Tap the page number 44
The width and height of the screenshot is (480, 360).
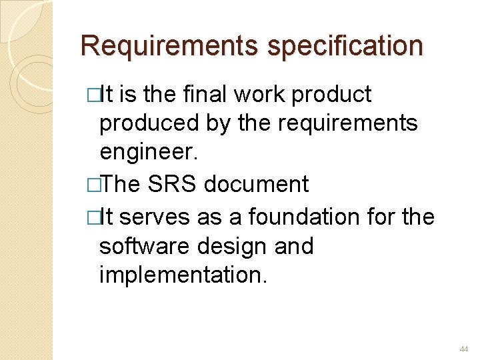464,349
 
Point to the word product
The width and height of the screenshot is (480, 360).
332,95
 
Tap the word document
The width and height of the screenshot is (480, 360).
257,184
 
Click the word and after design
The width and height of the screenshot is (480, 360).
293,247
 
